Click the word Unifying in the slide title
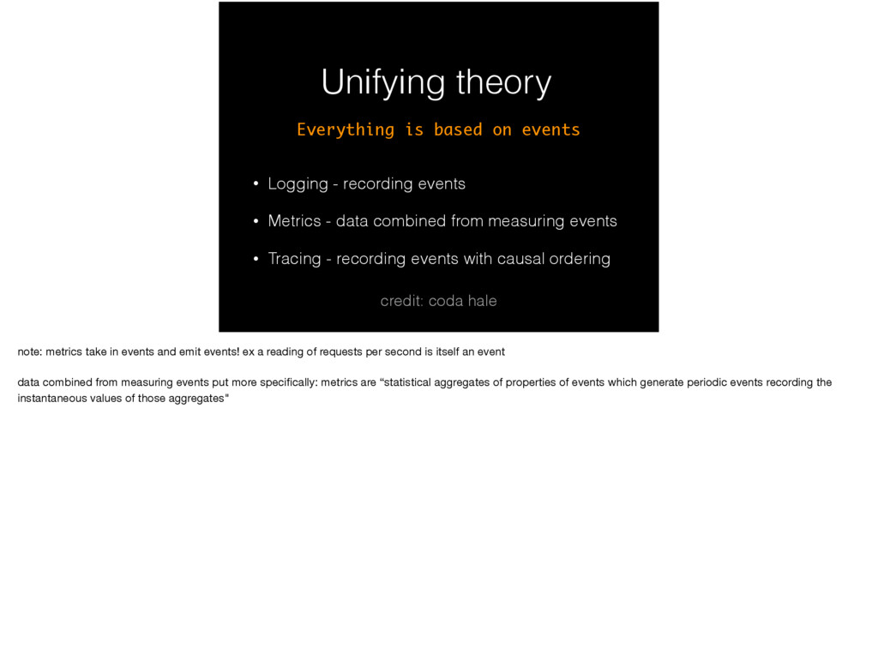point(383,83)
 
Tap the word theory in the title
point(503,83)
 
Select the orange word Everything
point(346,129)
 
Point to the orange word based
point(458,129)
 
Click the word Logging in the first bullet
point(298,184)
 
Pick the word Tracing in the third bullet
point(295,259)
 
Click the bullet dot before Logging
point(256,183)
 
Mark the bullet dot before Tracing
point(256,259)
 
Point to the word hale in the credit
point(483,301)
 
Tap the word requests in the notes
point(341,352)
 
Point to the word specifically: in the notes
point(289,383)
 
